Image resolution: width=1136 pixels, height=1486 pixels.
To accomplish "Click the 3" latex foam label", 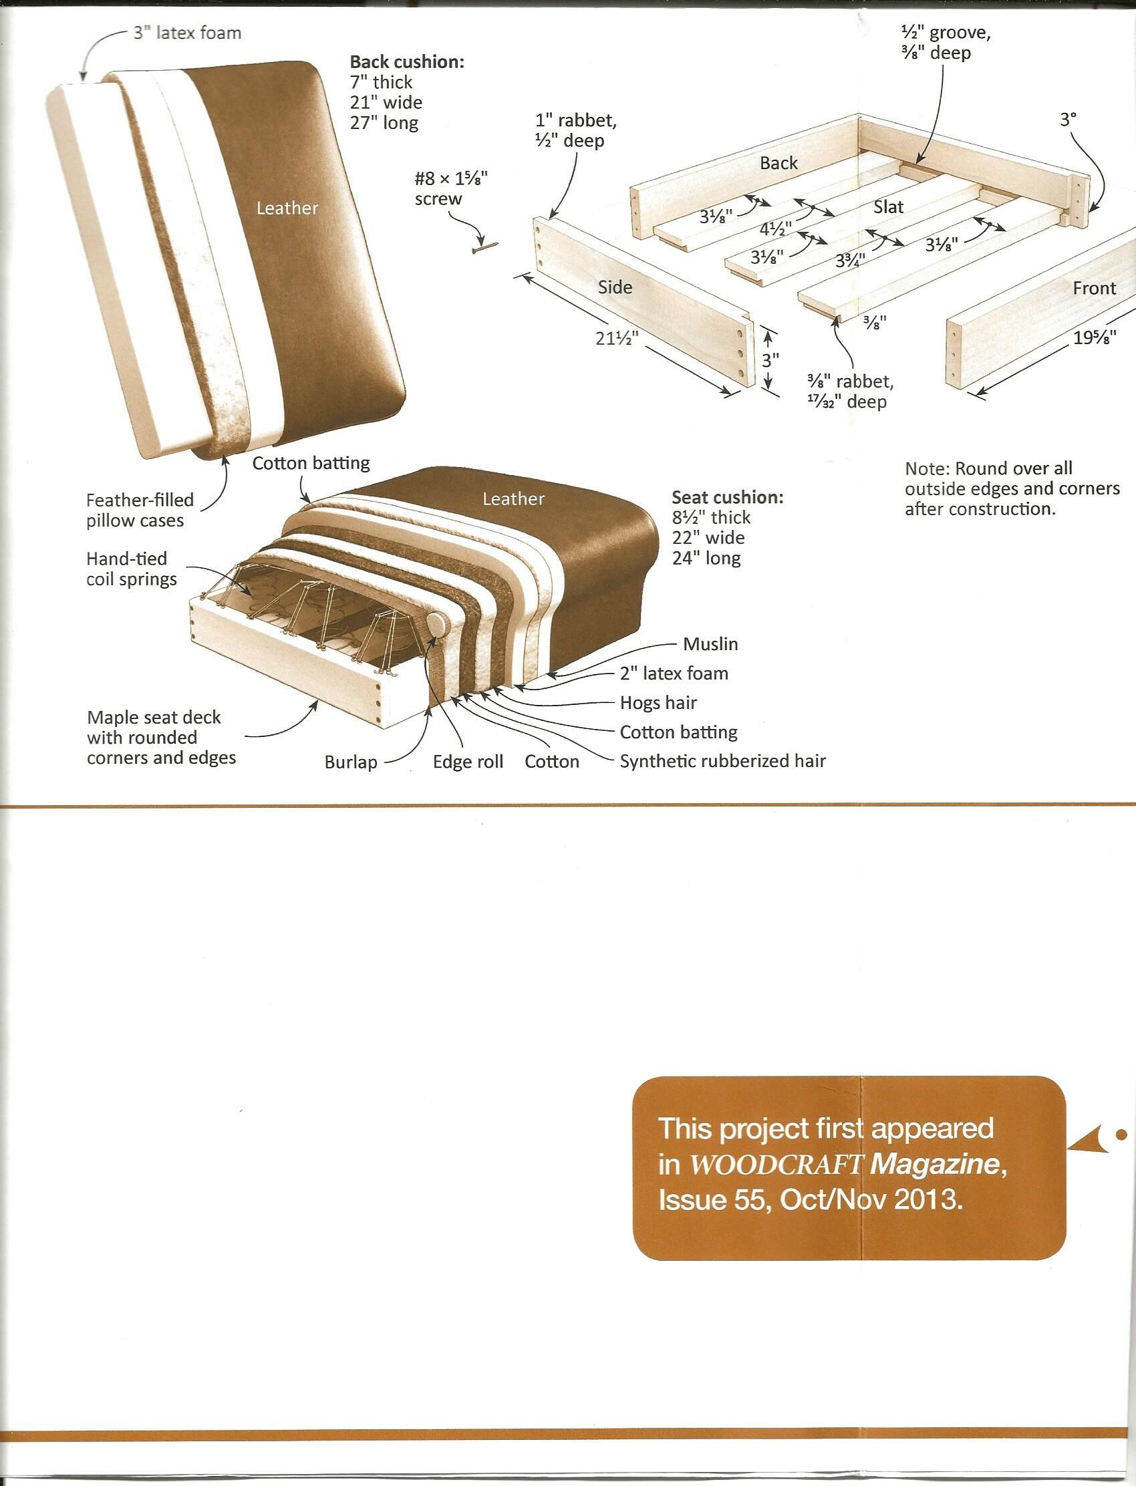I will [186, 33].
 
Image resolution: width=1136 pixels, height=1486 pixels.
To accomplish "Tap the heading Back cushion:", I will [406, 62].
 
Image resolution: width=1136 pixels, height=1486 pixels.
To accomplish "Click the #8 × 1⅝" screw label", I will [450, 188].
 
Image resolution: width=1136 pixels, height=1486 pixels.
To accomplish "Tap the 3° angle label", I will [1068, 120].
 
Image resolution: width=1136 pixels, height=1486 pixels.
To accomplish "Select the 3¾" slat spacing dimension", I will [850, 261].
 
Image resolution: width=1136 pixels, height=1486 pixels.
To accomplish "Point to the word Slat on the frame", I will [888, 207].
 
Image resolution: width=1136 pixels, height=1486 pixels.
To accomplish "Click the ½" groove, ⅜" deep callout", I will [946, 42].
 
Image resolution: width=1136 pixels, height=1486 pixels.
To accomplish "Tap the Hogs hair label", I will [658, 703].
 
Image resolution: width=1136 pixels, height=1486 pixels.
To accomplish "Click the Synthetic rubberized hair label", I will [722, 761].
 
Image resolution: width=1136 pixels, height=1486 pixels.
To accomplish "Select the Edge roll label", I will [468, 762].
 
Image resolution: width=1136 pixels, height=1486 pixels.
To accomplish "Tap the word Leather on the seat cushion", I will [513, 499].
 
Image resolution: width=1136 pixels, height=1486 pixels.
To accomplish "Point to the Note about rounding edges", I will [1012, 488].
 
